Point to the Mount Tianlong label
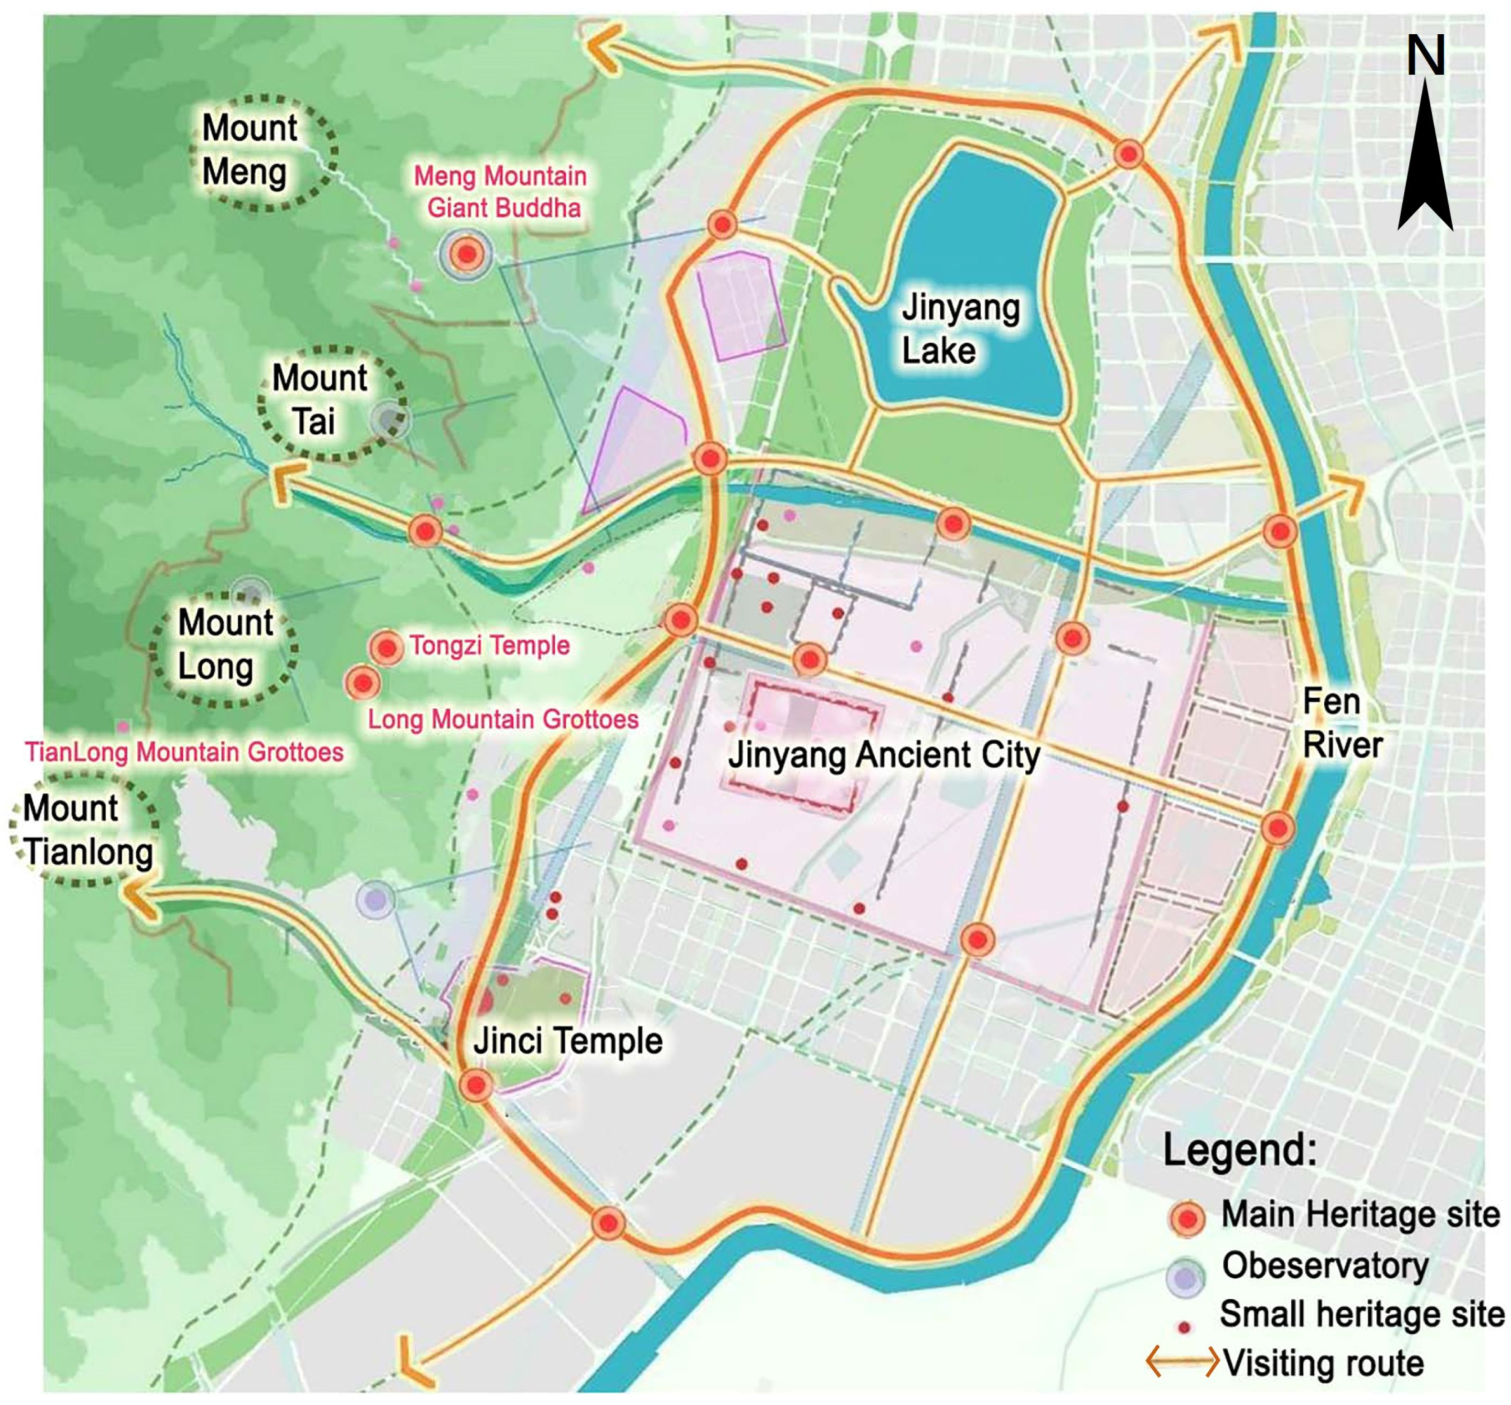(86, 830)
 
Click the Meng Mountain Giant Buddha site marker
(466, 254)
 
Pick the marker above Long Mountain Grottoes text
(363, 683)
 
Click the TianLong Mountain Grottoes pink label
(184, 752)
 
